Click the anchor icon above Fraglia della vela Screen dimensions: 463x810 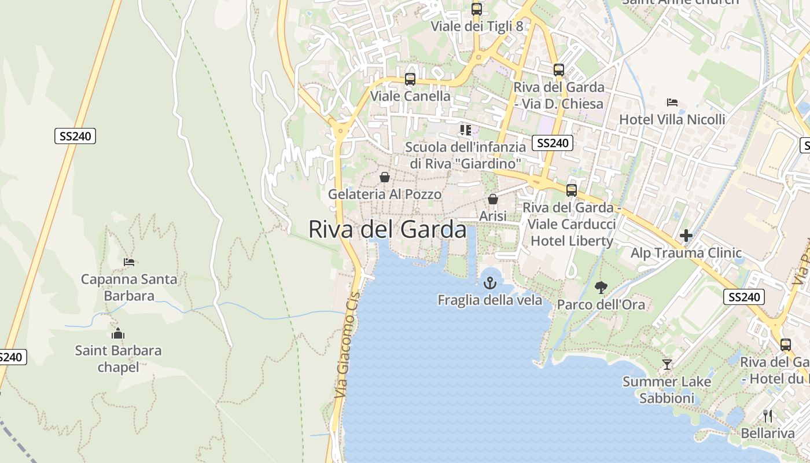coord(490,283)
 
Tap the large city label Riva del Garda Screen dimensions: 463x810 coord(387,229)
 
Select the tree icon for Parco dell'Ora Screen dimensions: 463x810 coord(601,287)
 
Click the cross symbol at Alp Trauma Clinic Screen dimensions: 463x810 coord(686,236)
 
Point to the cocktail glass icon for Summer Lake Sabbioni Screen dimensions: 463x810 coord(667,365)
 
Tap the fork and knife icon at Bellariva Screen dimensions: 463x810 coord(768,416)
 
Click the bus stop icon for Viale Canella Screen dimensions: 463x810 coord(410,79)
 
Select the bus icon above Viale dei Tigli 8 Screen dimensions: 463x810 coord(477,9)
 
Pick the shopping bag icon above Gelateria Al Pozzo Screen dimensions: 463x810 coord(385,177)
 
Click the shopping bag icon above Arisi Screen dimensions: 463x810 coord(493,199)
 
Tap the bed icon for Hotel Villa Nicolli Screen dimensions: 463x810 coord(672,102)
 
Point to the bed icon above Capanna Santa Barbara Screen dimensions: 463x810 coord(129,262)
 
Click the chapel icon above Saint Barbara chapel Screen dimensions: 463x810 coord(118,333)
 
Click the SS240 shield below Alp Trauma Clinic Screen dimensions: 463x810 coord(743,297)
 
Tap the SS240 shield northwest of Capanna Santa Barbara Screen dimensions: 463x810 coord(75,137)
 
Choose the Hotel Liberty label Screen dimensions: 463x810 coord(572,241)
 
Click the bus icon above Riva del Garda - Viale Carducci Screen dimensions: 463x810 coord(572,190)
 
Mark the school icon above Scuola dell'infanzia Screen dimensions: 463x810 coord(466,130)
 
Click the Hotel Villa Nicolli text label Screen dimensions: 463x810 coord(672,119)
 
